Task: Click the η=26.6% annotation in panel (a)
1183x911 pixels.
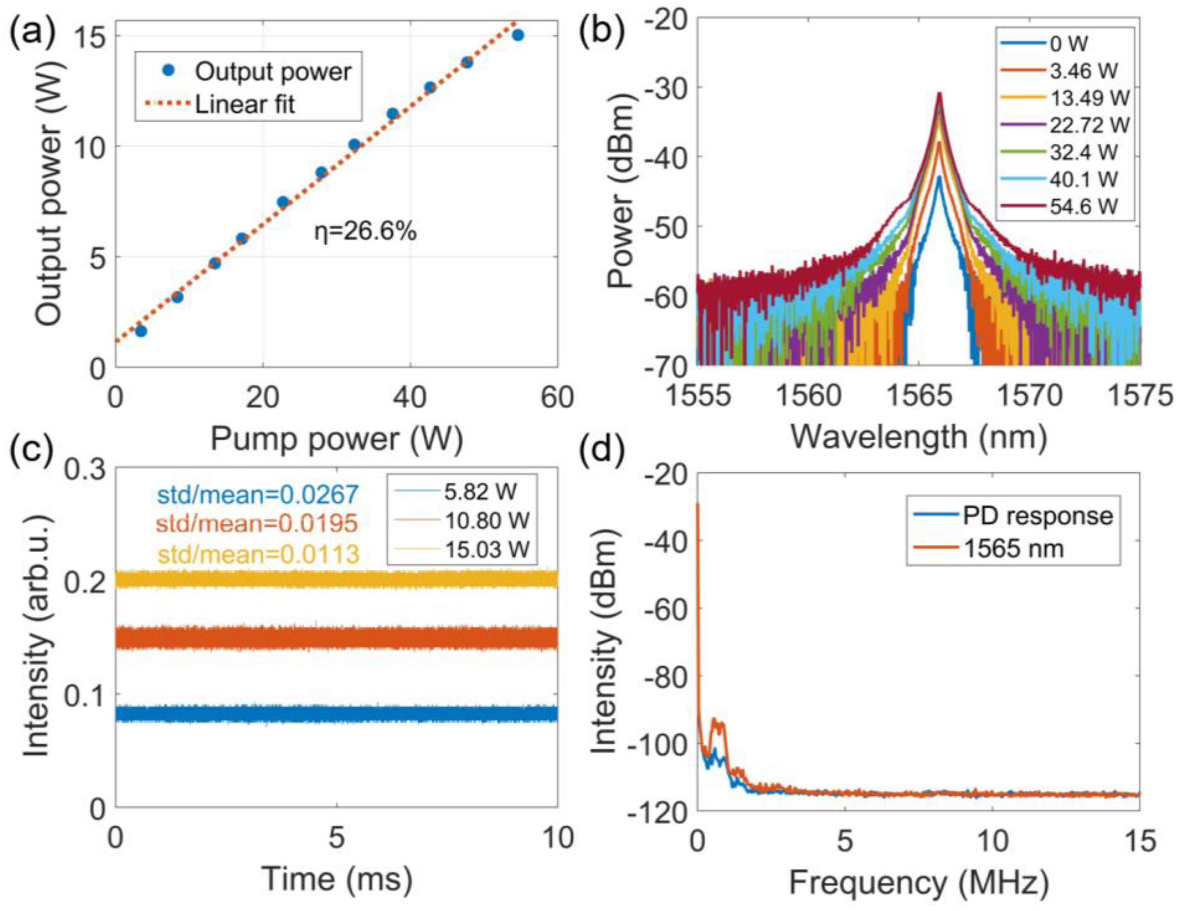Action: point(366,232)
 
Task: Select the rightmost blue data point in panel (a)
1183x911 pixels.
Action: point(518,35)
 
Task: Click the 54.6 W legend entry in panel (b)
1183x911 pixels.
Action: point(1084,206)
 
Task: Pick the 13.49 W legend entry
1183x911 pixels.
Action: point(1089,98)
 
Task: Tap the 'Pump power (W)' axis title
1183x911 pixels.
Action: point(336,438)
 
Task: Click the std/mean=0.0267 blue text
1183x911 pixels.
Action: point(258,494)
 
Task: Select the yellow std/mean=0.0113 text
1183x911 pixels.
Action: point(258,553)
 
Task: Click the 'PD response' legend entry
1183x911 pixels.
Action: point(1037,515)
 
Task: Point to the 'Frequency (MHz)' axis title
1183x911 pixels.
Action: point(919,883)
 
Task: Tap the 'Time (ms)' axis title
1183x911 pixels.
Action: point(336,878)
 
